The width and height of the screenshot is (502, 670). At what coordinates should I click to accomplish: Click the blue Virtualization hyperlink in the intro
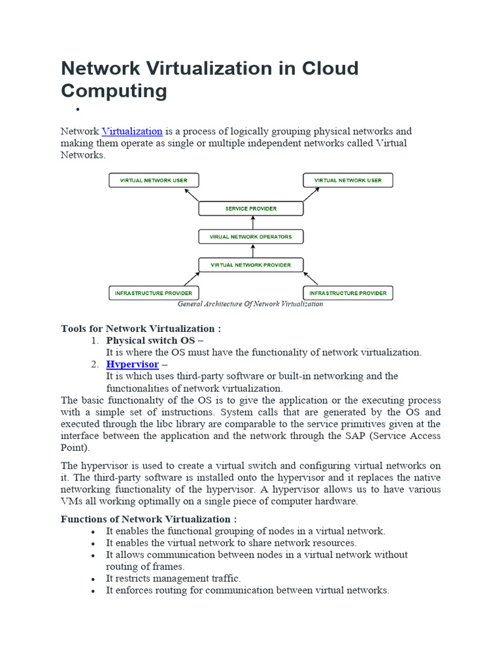[x=132, y=132]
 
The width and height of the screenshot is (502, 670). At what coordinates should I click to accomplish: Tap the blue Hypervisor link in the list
[x=132, y=364]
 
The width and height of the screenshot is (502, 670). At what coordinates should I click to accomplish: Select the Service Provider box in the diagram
[x=251, y=209]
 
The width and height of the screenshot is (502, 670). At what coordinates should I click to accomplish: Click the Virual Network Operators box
[x=251, y=236]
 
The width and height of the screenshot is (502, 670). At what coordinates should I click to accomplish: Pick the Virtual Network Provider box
[x=251, y=265]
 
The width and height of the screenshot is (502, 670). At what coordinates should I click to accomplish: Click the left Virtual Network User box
[x=153, y=180]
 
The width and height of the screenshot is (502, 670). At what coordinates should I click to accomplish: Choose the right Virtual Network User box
[x=348, y=180]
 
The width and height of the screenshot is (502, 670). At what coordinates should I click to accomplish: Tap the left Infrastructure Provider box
[x=153, y=293]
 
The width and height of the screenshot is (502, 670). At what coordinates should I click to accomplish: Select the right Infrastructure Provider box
[x=348, y=293]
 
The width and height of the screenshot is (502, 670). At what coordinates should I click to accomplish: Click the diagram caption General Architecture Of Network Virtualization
[x=250, y=304]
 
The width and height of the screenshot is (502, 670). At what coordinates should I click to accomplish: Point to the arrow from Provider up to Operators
[x=251, y=251]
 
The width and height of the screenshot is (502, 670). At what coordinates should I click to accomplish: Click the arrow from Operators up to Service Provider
[x=251, y=222]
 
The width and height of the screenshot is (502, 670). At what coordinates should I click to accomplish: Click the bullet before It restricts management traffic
[x=95, y=579]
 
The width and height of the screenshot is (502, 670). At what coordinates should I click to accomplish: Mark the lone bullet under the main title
[x=77, y=110]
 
